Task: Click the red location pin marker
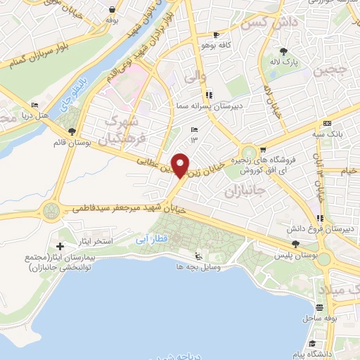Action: coord(181,165)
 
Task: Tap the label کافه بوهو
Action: coord(198,45)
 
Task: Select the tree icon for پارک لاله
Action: coord(283,51)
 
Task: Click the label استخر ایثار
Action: coord(96,241)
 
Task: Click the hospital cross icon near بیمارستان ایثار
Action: coord(60,246)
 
